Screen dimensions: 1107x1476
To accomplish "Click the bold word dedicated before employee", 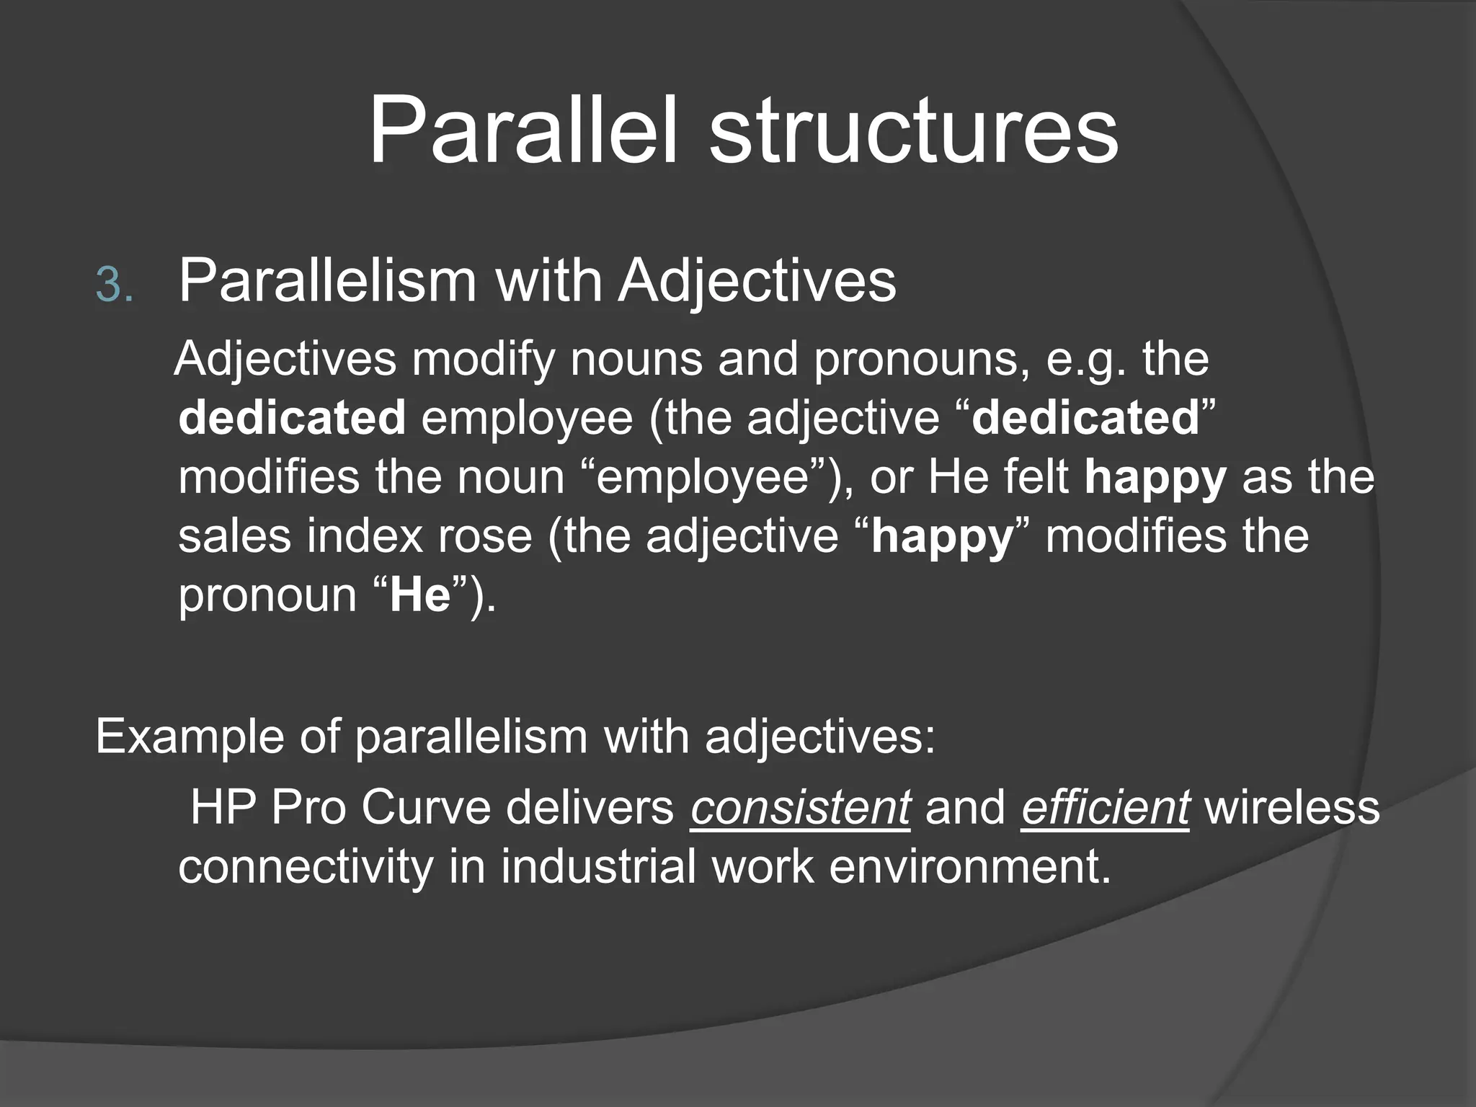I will pos(292,418).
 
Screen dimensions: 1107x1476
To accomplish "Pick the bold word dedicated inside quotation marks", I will pos(1085,418).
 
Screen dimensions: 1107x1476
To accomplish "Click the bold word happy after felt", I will pos(1155,477).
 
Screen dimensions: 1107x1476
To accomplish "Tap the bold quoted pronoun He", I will pos(420,595).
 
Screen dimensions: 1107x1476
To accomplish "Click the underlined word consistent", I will pos(800,807).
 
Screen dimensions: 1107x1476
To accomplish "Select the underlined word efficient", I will pos(1105,807).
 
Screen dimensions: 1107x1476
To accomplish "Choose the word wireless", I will pos(1292,807).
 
